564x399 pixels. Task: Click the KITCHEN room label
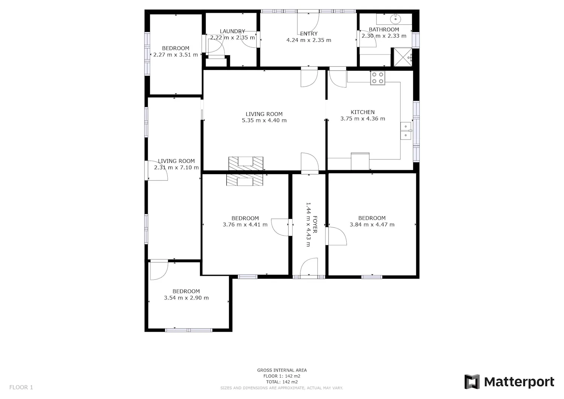pyautogui.click(x=362, y=112)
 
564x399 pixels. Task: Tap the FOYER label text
pyautogui.click(x=315, y=224)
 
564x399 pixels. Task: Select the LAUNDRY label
pyautogui.click(x=232, y=31)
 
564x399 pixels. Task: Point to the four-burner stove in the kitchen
pyautogui.click(x=378, y=78)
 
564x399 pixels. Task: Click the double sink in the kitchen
pyautogui.click(x=406, y=131)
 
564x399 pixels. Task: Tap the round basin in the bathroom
pyautogui.click(x=396, y=19)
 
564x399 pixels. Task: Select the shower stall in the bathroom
pyautogui.click(x=403, y=57)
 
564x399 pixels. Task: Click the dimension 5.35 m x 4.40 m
pyautogui.click(x=264, y=120)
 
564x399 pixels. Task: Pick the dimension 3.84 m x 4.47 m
pyautogui.click(x=372, y=225)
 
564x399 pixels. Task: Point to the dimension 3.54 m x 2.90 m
pyautogui.click(x=186, y=298)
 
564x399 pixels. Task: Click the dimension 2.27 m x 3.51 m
pyautogui.click(x=176, y=55)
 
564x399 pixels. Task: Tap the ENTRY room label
pyautogui.click(x=309, y=33)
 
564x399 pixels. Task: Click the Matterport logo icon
pyautogui.click(x=472, y=382)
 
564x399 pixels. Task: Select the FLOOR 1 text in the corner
pyautogui.click(x=21, y=387)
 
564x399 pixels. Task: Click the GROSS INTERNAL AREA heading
pyautogui.click(x=282, y=370)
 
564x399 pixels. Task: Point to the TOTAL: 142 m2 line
pyautogui.click(x=282, y=382)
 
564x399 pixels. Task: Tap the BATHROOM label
pyautogui.click(x=384, y=29)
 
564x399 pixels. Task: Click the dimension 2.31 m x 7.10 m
pyautogui.click(x=176, y=167)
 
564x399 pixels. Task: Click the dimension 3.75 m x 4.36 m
pyautogui.click(x=362, y=118)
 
